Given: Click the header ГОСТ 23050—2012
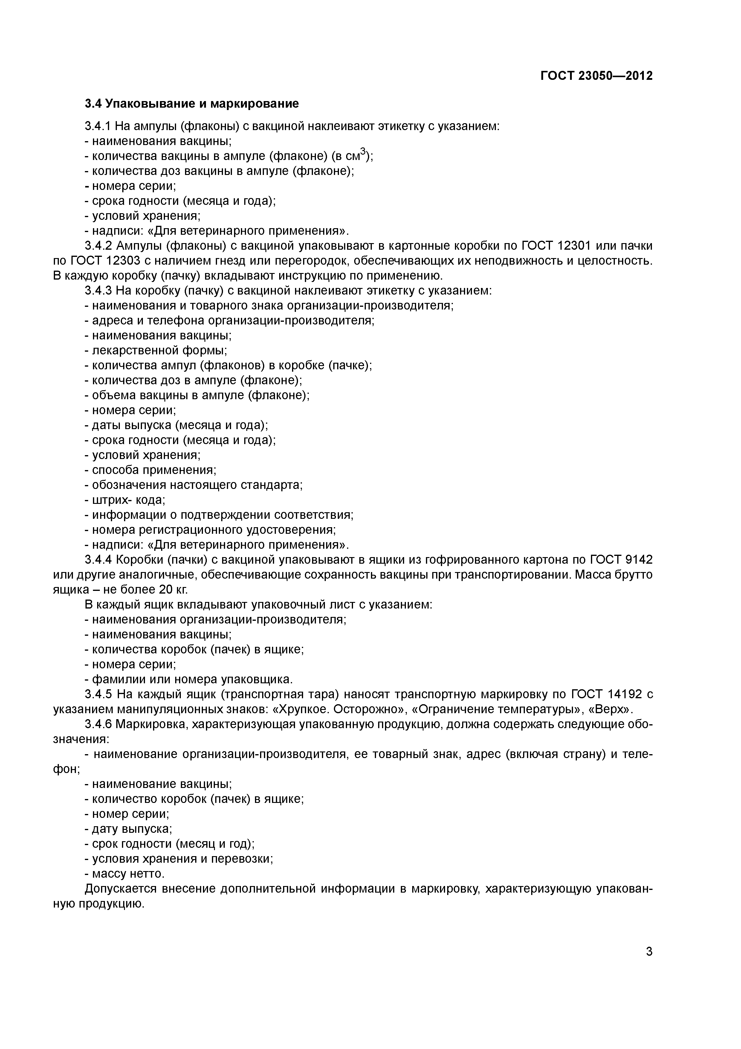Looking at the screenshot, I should pos(596,76).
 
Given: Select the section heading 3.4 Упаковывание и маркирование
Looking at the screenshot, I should pos(192,104).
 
